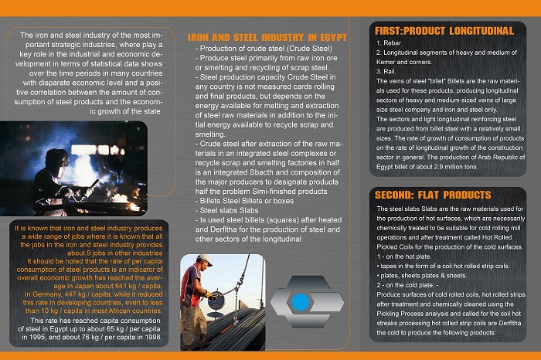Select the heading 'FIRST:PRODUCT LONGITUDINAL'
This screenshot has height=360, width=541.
point(444,30)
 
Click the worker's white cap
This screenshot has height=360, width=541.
point(204,261)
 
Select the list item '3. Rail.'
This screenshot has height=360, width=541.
point(386,70)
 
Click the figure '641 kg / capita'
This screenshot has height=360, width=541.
point(136,286)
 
